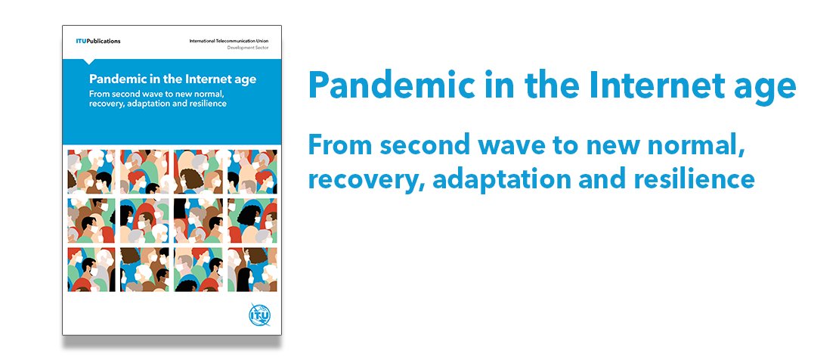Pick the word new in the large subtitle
[x=617, y=148]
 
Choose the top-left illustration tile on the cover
[x=91, y=170]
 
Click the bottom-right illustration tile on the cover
[x=252, y=268]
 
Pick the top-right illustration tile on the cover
[x=252, y=170]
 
